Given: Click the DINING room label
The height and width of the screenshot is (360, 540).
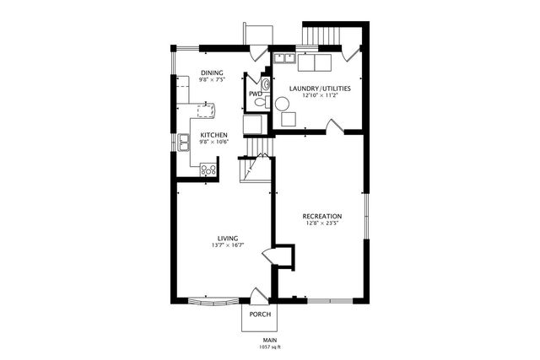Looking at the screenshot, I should coord(211,72).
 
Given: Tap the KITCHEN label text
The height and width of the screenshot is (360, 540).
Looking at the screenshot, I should coord(213,134).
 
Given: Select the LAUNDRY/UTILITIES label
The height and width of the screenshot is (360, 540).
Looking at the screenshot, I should coord(320,89).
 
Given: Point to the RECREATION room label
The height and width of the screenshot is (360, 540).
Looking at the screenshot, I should coord(322,217).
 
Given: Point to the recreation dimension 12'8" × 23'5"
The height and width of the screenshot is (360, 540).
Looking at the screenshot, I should coord(322,224).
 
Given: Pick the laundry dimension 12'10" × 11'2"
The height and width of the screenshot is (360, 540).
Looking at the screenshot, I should coord(320,95).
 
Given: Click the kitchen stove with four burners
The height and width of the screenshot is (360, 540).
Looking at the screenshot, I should coord(208,169).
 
